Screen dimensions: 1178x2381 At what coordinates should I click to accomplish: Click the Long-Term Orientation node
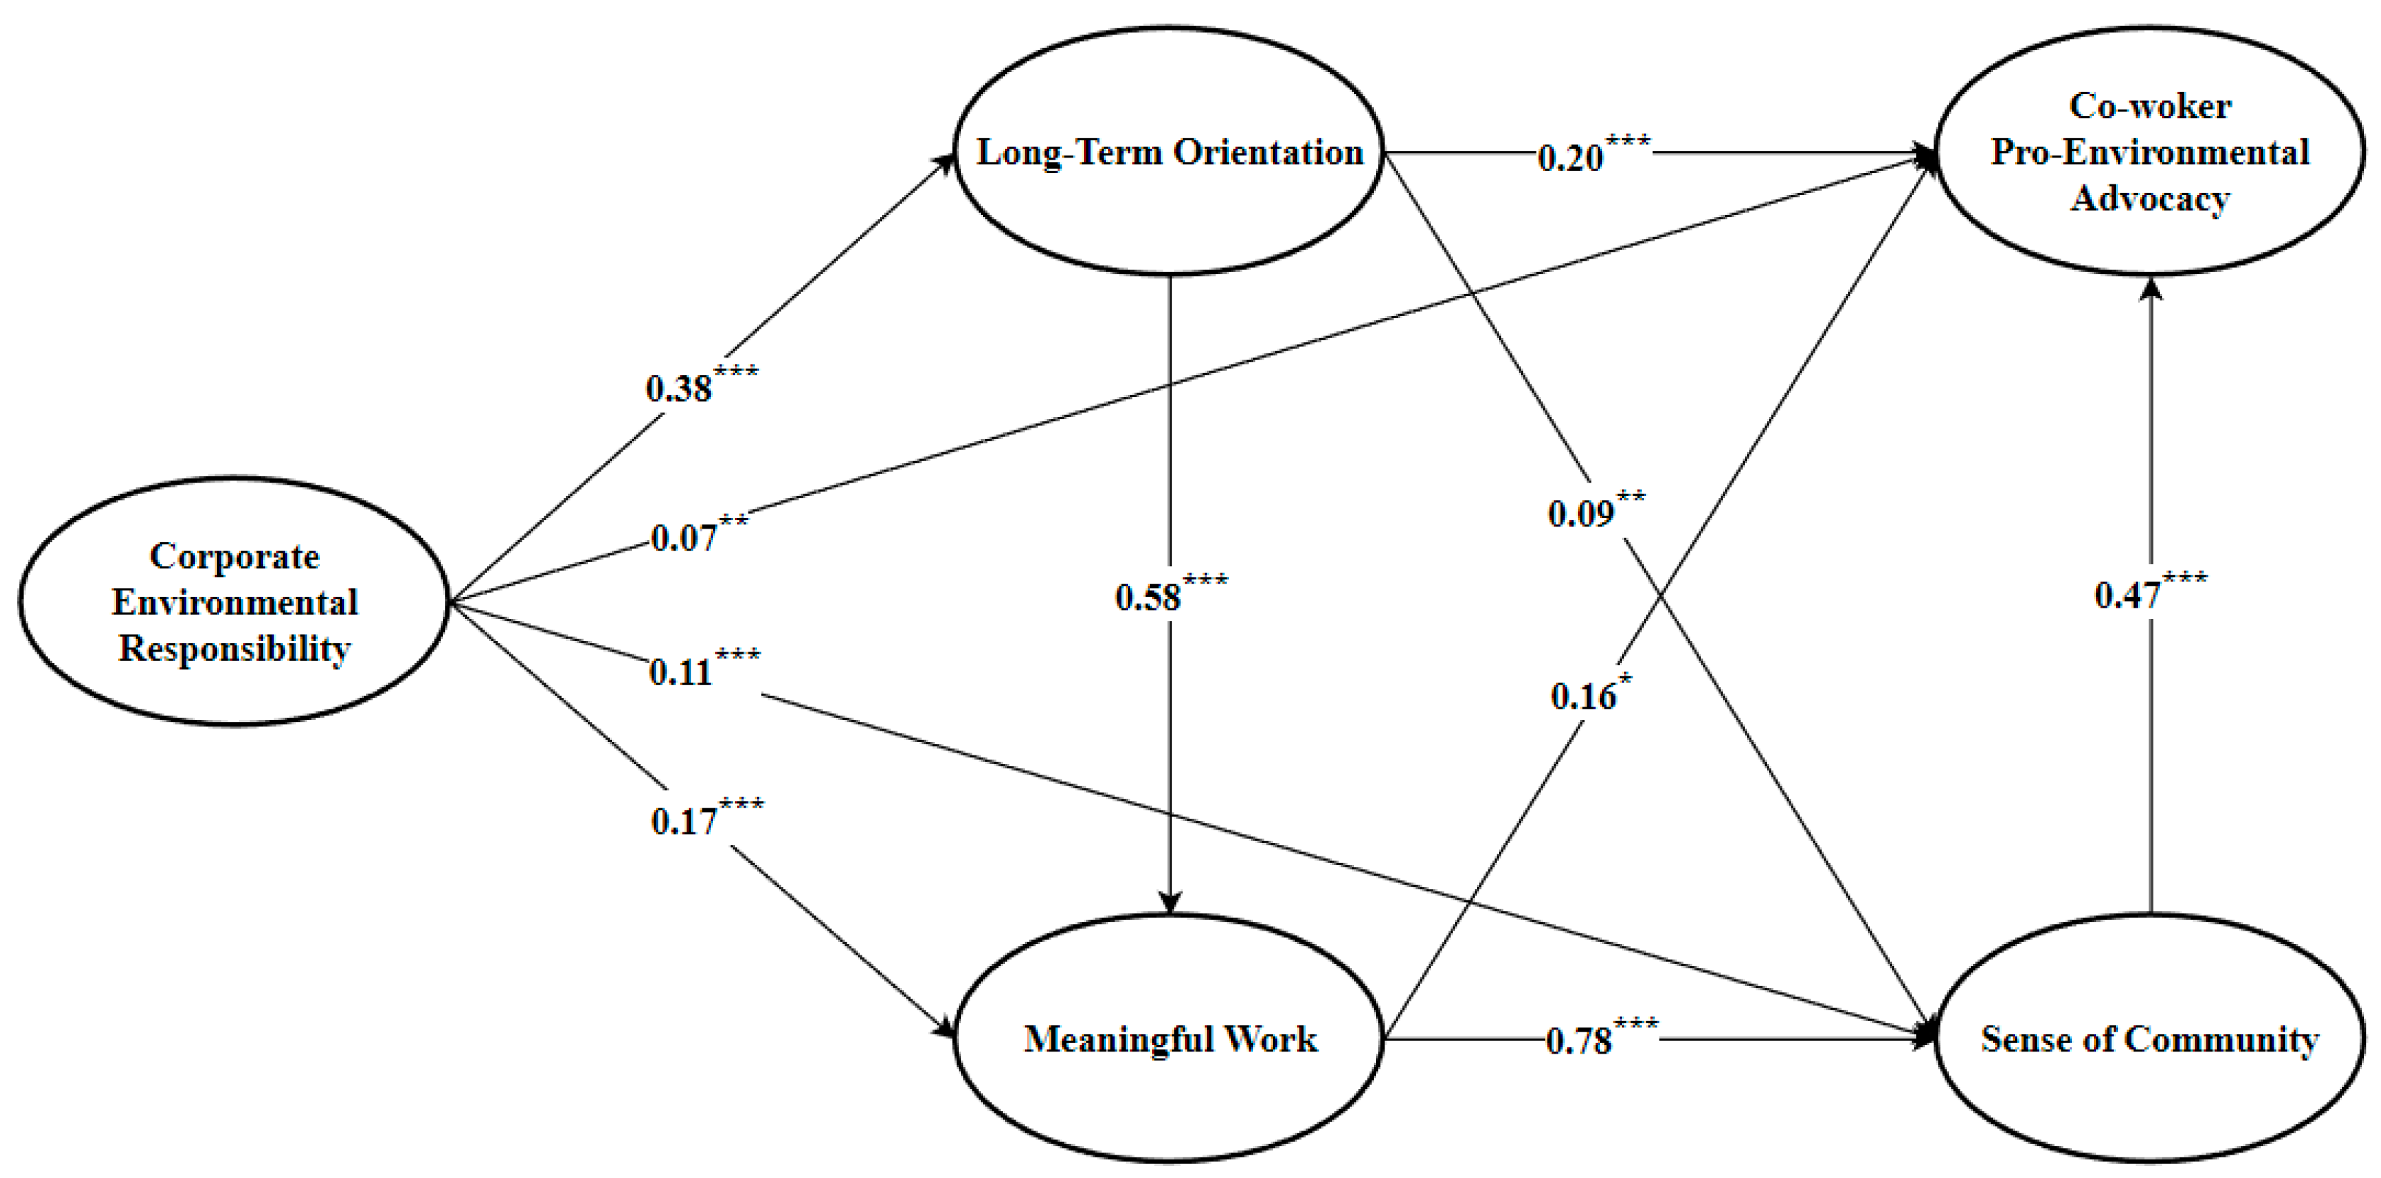(1169, 151)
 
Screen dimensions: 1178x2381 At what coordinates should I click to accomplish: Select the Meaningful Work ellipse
(1169, 1039)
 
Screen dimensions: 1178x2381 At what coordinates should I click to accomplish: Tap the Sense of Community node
(2149, 1039)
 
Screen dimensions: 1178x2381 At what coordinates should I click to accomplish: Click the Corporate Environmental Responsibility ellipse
(234, 601)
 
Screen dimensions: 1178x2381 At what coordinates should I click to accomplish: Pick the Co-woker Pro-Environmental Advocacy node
(2149, 151)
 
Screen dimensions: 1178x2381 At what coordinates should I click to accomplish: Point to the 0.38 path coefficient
(679, 389)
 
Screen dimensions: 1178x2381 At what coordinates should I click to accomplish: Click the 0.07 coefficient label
(684, 538)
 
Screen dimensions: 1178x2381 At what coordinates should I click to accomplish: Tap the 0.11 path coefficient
(681, 672)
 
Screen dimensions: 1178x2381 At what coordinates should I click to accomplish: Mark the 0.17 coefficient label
(685, 820)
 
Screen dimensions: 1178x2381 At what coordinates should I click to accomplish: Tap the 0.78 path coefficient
(1580, 1041)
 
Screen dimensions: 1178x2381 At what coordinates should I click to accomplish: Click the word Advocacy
(2150, 199)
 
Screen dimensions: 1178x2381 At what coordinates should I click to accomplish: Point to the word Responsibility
(235, 649)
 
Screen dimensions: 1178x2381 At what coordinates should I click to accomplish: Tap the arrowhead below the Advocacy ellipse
(2151, 290)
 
